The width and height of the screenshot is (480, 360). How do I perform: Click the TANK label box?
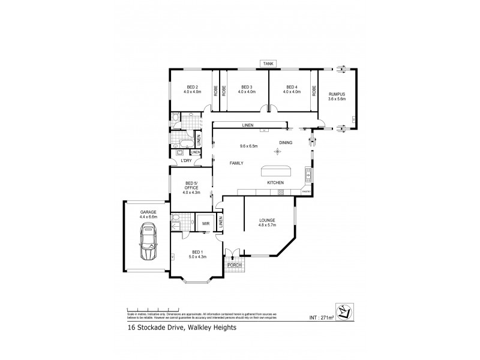pyautogui.click(x=268, y=63)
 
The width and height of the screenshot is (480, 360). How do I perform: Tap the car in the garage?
pyautogui.click(x=148, y=242)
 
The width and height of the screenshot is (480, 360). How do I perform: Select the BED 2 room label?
pyautogui.click(x=192, y=89)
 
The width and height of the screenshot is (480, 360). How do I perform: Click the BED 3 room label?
pyautogui.click(x=247, y=89)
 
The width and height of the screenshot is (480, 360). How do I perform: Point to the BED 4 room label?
pyautogui.click(x=292, y=89)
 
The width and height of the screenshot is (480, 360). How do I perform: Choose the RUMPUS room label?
pyautogui.click(x=337, y=96)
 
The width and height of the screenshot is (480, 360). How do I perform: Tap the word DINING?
pyautogui.click(x=286, y=142)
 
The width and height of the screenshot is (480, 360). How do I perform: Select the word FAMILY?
pyautogui.click(x=236, y=163)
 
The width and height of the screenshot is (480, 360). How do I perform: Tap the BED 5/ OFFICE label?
pyautogui.click(x=191, y=188)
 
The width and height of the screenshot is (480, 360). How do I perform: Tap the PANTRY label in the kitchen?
pyautogui.click(x=305, y=192)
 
